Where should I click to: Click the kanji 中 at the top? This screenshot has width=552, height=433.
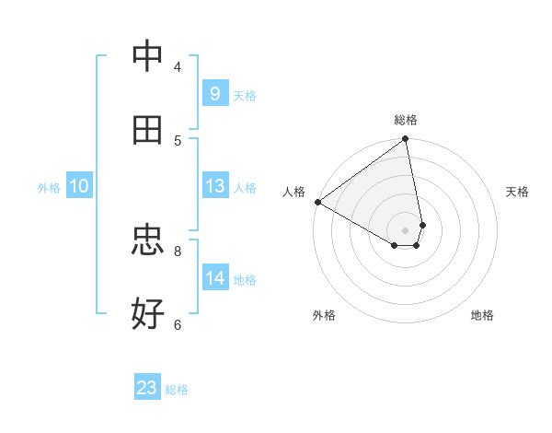pyautogui.click(x=148, y=56)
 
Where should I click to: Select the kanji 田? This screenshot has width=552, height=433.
pyautogui.click(x=148, y=130)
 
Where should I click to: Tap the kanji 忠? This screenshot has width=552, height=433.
pyautogui.click(x=148, y=240)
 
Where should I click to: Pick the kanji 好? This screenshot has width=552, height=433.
pyautogui.click(x=148, y=314)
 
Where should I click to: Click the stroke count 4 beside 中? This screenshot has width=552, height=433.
pyautogui.click(x=178, y=66)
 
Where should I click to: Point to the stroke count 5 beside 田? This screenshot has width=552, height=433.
pyautogui.click(x=178, y=140)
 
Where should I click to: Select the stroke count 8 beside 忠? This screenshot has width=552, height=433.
pyautogui.click(x=178, y=251)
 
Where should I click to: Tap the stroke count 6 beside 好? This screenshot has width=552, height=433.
pyautogui.click(x=178, y=324)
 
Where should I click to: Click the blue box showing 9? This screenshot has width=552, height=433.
pyautogui.click(x=214, y=93)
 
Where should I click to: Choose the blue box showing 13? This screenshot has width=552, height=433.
pyautogui.click(x=214, y=186)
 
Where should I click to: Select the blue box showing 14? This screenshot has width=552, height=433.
pyautogui.click(x=214, y=278)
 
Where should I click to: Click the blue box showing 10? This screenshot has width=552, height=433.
pyautogui.click(x=79, y=186)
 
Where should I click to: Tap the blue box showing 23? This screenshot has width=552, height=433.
pyautogui.click(x=147, y=388)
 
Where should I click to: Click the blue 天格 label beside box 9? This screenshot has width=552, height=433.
pyautogui.click(x=245, y=96)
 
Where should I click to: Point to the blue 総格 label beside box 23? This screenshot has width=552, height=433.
pyautogui.click(x=178, y=390)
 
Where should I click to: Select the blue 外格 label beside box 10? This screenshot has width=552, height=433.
pyautogui.click(x=49, y=188)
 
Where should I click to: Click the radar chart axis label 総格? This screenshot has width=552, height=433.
pyautogui.click(x=406, y=120)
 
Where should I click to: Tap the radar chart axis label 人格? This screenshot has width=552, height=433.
pyautogui.click(x=293, y=192)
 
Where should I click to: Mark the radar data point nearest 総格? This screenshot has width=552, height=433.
pyautogui.click(x=406, y=140)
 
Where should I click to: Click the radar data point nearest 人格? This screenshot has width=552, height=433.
pyautogui.click(x=317, y=202)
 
